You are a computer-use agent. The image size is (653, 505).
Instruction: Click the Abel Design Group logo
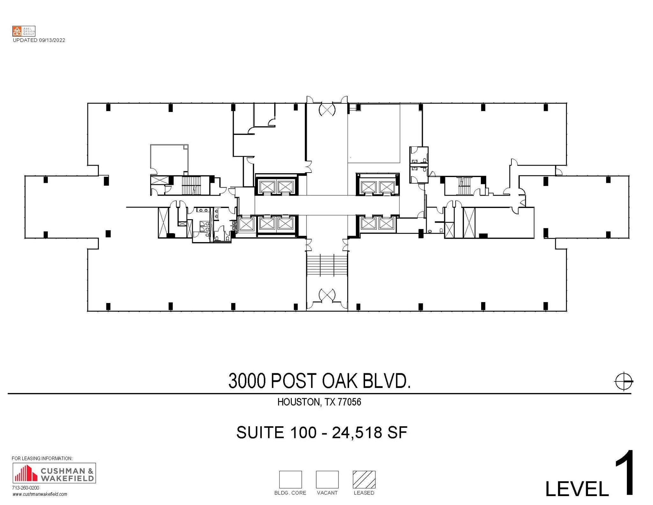coord(24,31)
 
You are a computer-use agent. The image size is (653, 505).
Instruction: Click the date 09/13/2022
coord(52,40)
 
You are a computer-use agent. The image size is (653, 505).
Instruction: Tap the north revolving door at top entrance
coord(327,110)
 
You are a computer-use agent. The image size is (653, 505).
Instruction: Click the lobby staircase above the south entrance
coord(327,264)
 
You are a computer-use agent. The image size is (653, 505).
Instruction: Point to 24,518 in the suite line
coord(357,433)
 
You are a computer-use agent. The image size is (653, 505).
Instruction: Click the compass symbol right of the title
coord(623,381)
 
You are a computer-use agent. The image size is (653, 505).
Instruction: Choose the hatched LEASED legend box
coord(364,479)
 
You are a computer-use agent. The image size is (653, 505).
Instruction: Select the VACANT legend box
coord(327,479)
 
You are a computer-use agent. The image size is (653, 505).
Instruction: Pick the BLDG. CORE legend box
coord(290,479)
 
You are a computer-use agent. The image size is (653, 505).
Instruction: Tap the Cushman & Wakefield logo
coord(54,473)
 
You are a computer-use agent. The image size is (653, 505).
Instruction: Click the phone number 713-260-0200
coord(26,488)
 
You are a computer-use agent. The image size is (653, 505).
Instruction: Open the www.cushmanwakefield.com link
coord(40,494)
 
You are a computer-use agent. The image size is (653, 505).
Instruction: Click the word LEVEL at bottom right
coord(577,489)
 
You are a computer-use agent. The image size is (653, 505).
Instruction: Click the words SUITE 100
coord(276,433)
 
